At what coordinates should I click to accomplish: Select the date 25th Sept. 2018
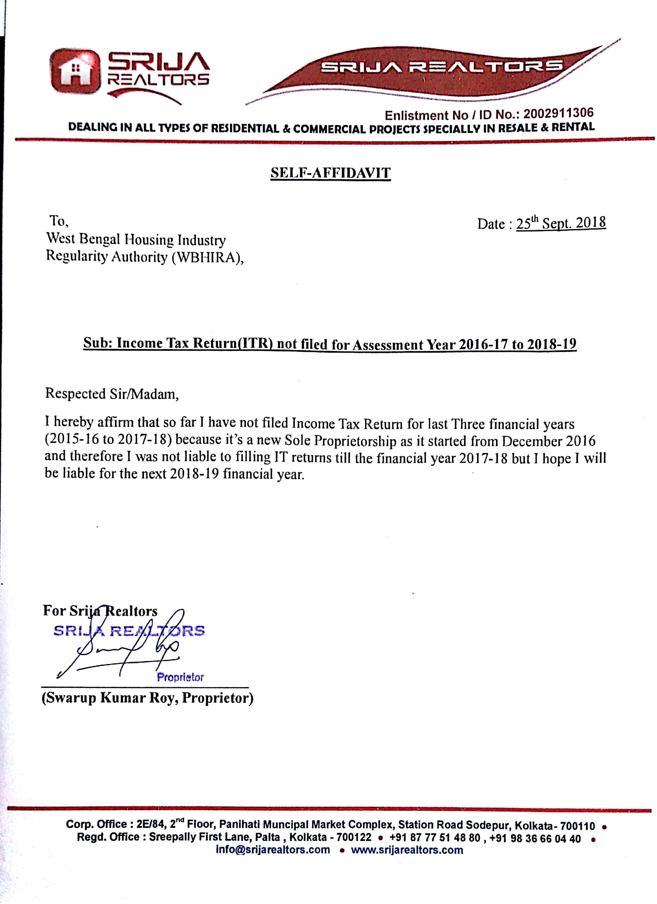[x=561, y=223]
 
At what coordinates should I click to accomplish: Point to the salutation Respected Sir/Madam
[x=112, y=394]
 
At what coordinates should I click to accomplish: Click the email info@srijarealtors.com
[x=273, y=849]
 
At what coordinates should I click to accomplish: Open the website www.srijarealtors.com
[x=407, y=850]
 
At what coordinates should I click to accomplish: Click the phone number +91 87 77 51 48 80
[x=435, y=838]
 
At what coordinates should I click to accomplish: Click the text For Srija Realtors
[x=100, y=611]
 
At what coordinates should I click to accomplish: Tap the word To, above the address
[x=58, y=220]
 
